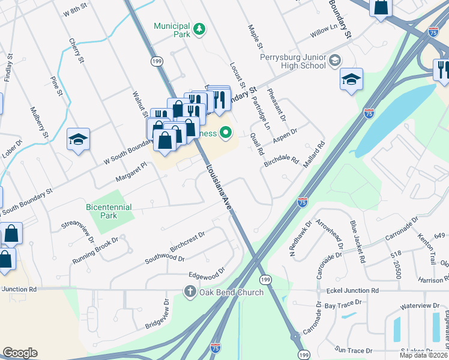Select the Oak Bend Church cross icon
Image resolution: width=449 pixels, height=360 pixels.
click(x=189, y=292)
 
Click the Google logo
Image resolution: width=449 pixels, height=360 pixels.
click(x=20, y=353)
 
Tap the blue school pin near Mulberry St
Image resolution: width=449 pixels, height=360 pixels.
click(x=78, y=140)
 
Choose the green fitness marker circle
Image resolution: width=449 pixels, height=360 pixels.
click(x=226, y=132)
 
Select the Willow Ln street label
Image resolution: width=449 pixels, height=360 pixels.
click(x=324, y=28)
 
